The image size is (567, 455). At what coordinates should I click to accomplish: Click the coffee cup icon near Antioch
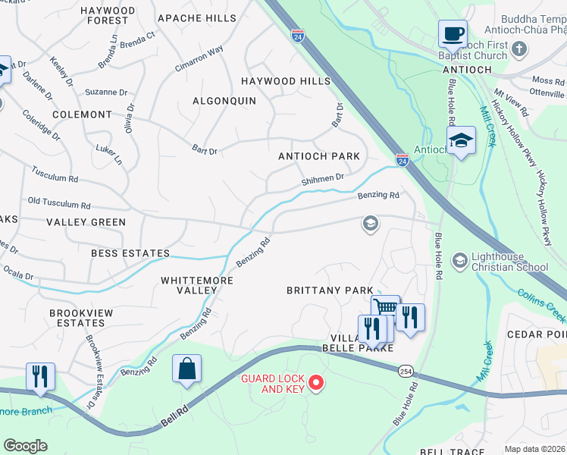[453, 34]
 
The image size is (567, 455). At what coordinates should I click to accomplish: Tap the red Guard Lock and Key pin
[316, 384]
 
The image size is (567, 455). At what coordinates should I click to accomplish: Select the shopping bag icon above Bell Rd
[186, 370]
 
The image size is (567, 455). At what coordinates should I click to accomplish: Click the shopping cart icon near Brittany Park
[386, 309]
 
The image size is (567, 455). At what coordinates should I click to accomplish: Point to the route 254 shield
[403, 369]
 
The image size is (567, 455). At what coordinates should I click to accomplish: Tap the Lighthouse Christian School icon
[459, 262]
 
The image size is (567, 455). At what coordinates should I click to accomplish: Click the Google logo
[25, 445]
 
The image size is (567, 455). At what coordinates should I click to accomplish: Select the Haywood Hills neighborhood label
[286, 81]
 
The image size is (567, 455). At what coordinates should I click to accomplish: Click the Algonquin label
[224, 101]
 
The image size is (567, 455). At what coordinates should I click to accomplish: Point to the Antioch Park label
[318, 156]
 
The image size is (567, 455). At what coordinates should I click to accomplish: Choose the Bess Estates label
[130, 253]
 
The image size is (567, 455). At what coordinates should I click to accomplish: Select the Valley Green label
[86, 222]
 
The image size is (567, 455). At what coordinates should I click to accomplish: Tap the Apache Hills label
[196, 17]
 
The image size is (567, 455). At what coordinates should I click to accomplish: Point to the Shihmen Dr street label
[323, 177]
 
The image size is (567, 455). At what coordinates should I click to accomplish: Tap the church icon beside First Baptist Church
[518, 49]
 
